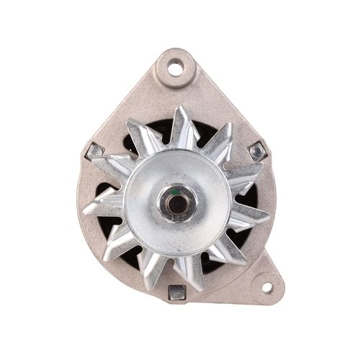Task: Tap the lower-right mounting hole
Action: pos(268,289)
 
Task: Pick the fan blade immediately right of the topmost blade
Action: pos(216,137)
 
